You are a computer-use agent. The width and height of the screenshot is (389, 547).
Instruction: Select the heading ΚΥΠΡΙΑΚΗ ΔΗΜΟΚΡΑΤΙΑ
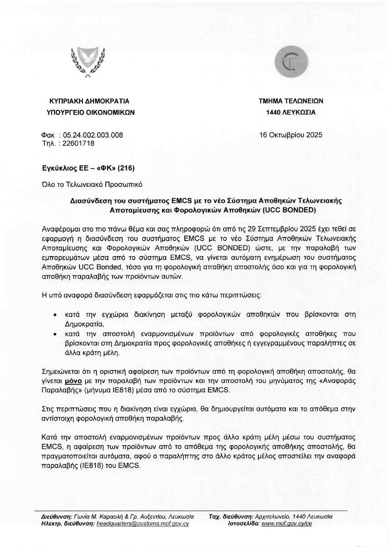89,101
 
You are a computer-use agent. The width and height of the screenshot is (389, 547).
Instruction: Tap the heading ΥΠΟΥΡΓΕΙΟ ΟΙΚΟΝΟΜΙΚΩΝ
89,112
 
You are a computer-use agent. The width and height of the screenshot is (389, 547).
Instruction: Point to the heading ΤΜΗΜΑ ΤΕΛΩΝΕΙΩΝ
291,101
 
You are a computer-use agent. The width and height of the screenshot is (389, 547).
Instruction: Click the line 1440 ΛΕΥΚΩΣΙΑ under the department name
291,112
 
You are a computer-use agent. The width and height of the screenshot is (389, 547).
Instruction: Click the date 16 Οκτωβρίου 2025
291,135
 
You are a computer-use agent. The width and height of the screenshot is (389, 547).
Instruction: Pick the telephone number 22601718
79,143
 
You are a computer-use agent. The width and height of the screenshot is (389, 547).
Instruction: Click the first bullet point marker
55,315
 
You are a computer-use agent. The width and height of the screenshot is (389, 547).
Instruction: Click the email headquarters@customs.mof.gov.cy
142,524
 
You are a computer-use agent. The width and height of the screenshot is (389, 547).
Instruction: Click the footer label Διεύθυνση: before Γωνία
57,516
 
